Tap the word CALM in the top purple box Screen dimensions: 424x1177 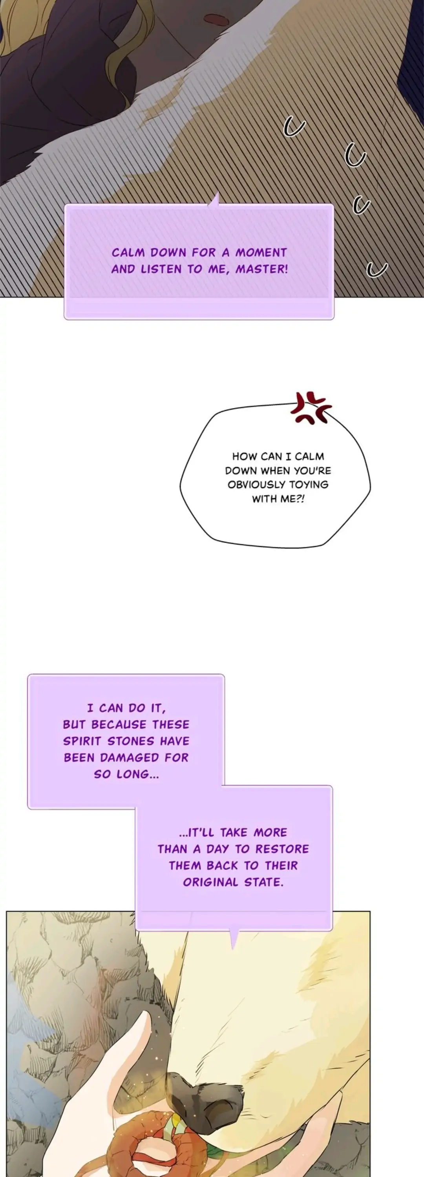(128, 253)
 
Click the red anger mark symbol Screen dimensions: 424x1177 (311, 407)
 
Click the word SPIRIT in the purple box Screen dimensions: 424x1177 (82, 741)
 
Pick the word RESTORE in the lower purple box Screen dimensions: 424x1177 (282, 849)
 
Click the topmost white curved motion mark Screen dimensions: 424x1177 (294, 127)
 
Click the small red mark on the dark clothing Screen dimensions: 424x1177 (216, 20)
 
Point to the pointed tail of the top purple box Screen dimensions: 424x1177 (214, 200)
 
